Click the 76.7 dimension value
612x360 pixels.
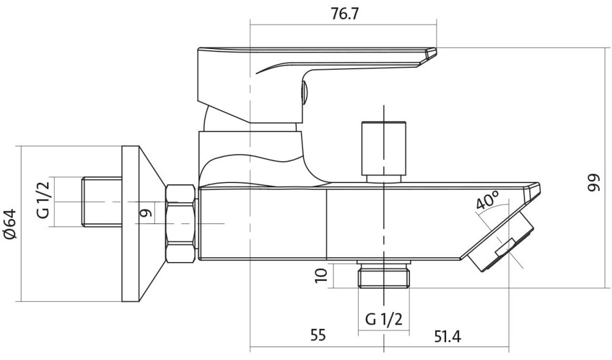click(x=345, y=15)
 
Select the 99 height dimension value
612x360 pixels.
click(x=591, y=183)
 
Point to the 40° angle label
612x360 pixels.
click(x=488, y=201)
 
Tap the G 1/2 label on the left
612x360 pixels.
click(x=42, y=201)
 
